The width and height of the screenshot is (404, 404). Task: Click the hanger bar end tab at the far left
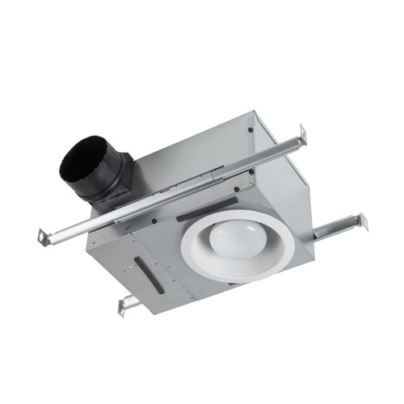(x=40, y=236)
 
